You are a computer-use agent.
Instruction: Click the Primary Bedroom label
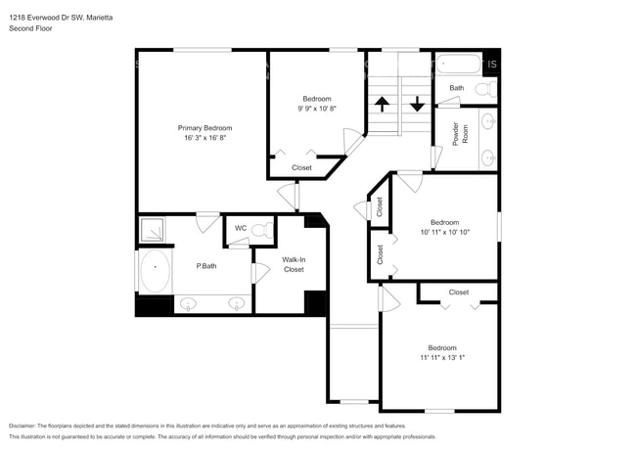point(204,128)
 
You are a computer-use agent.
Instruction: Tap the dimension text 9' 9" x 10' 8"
point(316,109)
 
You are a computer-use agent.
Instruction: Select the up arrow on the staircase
point(382,102)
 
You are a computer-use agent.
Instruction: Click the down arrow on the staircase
point(417,102)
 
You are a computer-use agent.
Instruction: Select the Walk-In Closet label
point(294,264)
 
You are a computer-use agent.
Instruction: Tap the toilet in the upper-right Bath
point(483,89)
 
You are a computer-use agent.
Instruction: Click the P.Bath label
point(206,265)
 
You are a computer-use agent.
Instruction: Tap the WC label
point(240,230)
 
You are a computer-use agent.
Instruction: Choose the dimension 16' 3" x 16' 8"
point(204,139)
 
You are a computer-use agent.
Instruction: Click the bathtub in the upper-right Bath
point(459,66)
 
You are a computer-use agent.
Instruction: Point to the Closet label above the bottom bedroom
point(458,292)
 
